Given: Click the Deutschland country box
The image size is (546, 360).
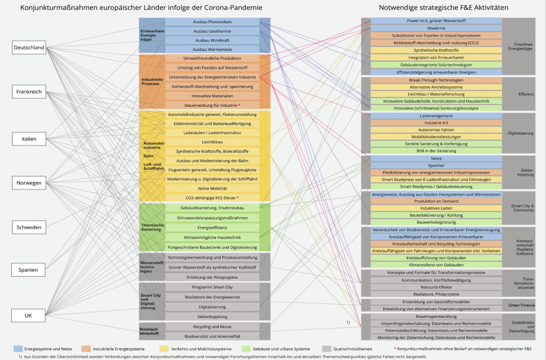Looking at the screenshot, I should coord(29,47).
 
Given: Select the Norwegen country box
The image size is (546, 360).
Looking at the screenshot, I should coord(29,183).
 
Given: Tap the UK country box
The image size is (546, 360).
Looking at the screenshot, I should coord(29,314).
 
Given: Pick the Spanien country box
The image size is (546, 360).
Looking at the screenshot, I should coord(29,270).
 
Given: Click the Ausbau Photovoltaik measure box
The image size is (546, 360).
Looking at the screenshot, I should coord(212,22).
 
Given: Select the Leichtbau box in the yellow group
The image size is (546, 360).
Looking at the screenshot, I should coord(212,142).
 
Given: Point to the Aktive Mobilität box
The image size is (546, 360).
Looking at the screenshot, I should coord(212,188).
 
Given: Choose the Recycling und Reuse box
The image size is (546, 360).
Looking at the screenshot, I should coord(212,326).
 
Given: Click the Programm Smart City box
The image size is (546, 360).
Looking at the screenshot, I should coord(212,287).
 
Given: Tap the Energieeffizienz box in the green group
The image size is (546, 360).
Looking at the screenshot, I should coord(212,227).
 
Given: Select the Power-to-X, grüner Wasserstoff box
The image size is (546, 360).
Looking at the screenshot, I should coord(436,21).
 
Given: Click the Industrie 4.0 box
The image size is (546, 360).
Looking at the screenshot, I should coord(436,123).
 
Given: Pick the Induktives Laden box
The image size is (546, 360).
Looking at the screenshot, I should coord(436,208).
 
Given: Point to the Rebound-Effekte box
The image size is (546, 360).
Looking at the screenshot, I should coord(436,287).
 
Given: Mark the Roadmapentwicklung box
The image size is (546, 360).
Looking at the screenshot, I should coord(436,316).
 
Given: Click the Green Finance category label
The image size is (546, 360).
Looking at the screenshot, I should coord(521,305).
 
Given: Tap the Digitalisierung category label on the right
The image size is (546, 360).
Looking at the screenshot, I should coord(521,133).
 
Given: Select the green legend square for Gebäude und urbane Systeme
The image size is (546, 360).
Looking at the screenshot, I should coord(249,349).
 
